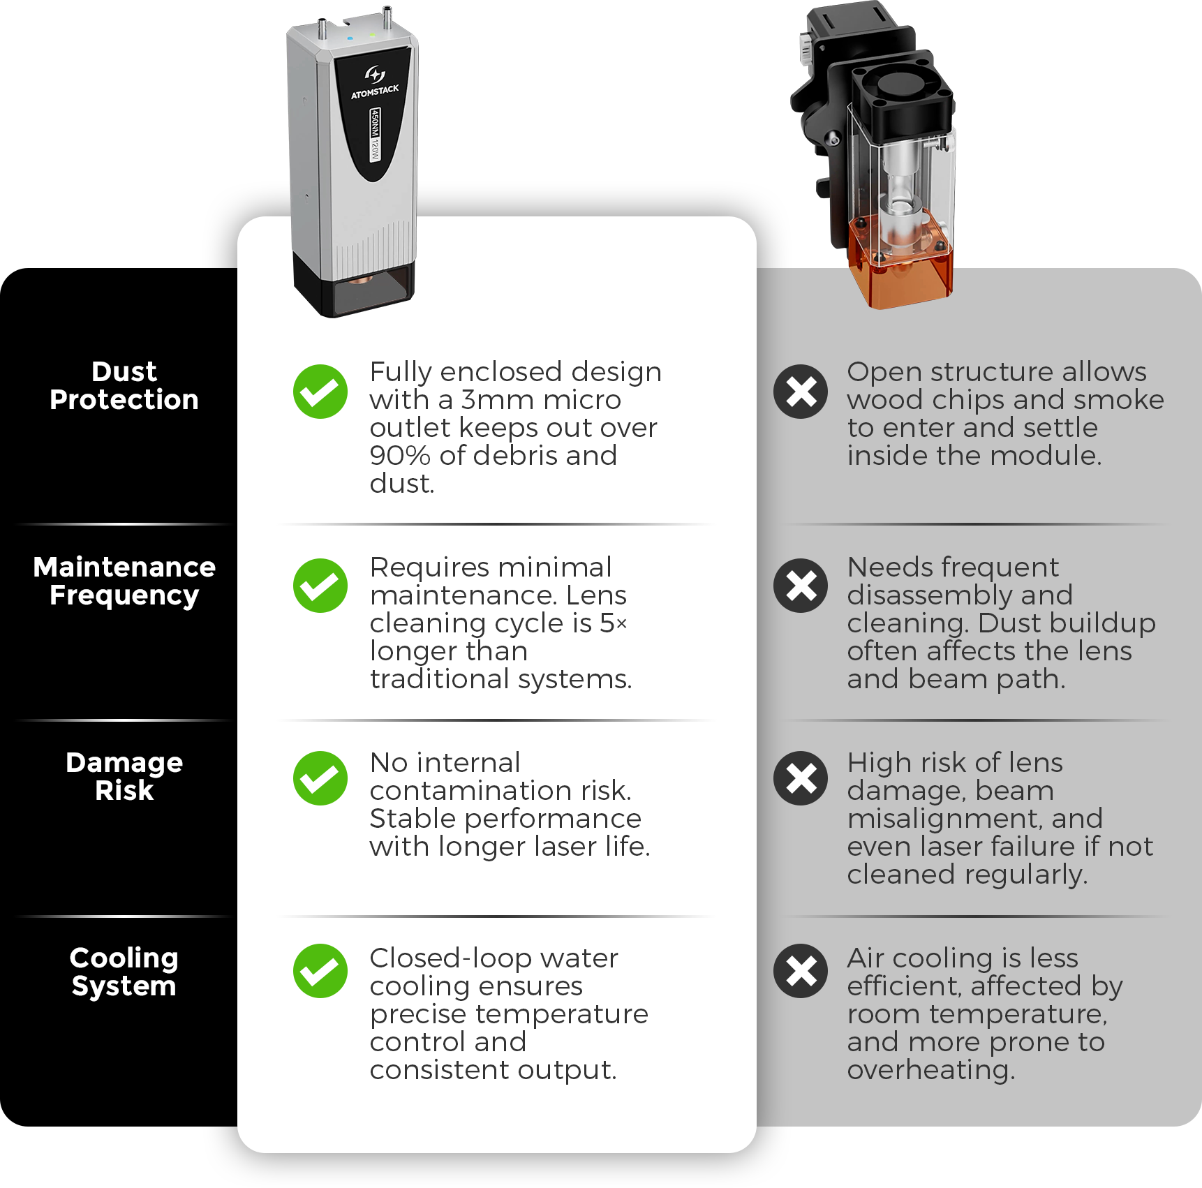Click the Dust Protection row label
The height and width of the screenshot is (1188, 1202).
124,385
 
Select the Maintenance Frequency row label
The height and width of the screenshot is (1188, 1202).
124,581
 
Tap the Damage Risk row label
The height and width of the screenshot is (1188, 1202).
124,776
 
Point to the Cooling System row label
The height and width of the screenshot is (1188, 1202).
124,972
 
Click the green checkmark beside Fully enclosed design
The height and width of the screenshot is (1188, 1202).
320,392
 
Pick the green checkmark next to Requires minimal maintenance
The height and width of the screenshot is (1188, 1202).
320,586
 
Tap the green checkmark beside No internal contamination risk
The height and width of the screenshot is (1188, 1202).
320,778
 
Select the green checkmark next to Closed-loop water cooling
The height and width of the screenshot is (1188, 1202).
320,971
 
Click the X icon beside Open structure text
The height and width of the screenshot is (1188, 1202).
801,392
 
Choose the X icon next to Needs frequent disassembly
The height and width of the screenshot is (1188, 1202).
801,586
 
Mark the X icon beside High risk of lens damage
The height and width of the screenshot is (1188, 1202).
801,778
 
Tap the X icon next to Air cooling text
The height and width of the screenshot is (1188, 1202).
801,971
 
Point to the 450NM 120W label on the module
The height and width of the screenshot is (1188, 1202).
376,135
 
